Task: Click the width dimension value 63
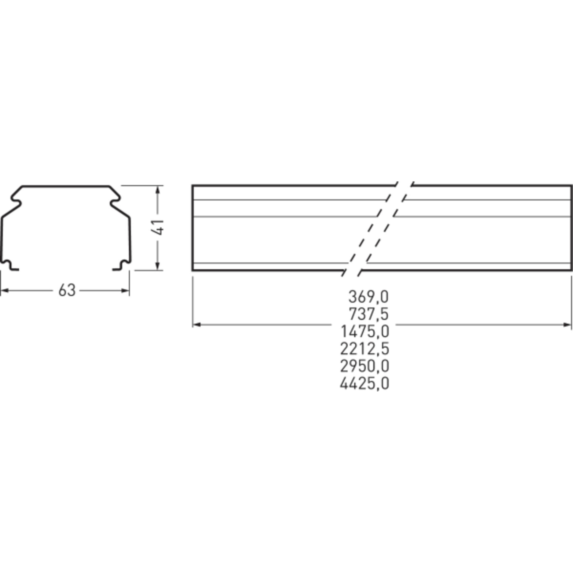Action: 67,290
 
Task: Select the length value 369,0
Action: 368,297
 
